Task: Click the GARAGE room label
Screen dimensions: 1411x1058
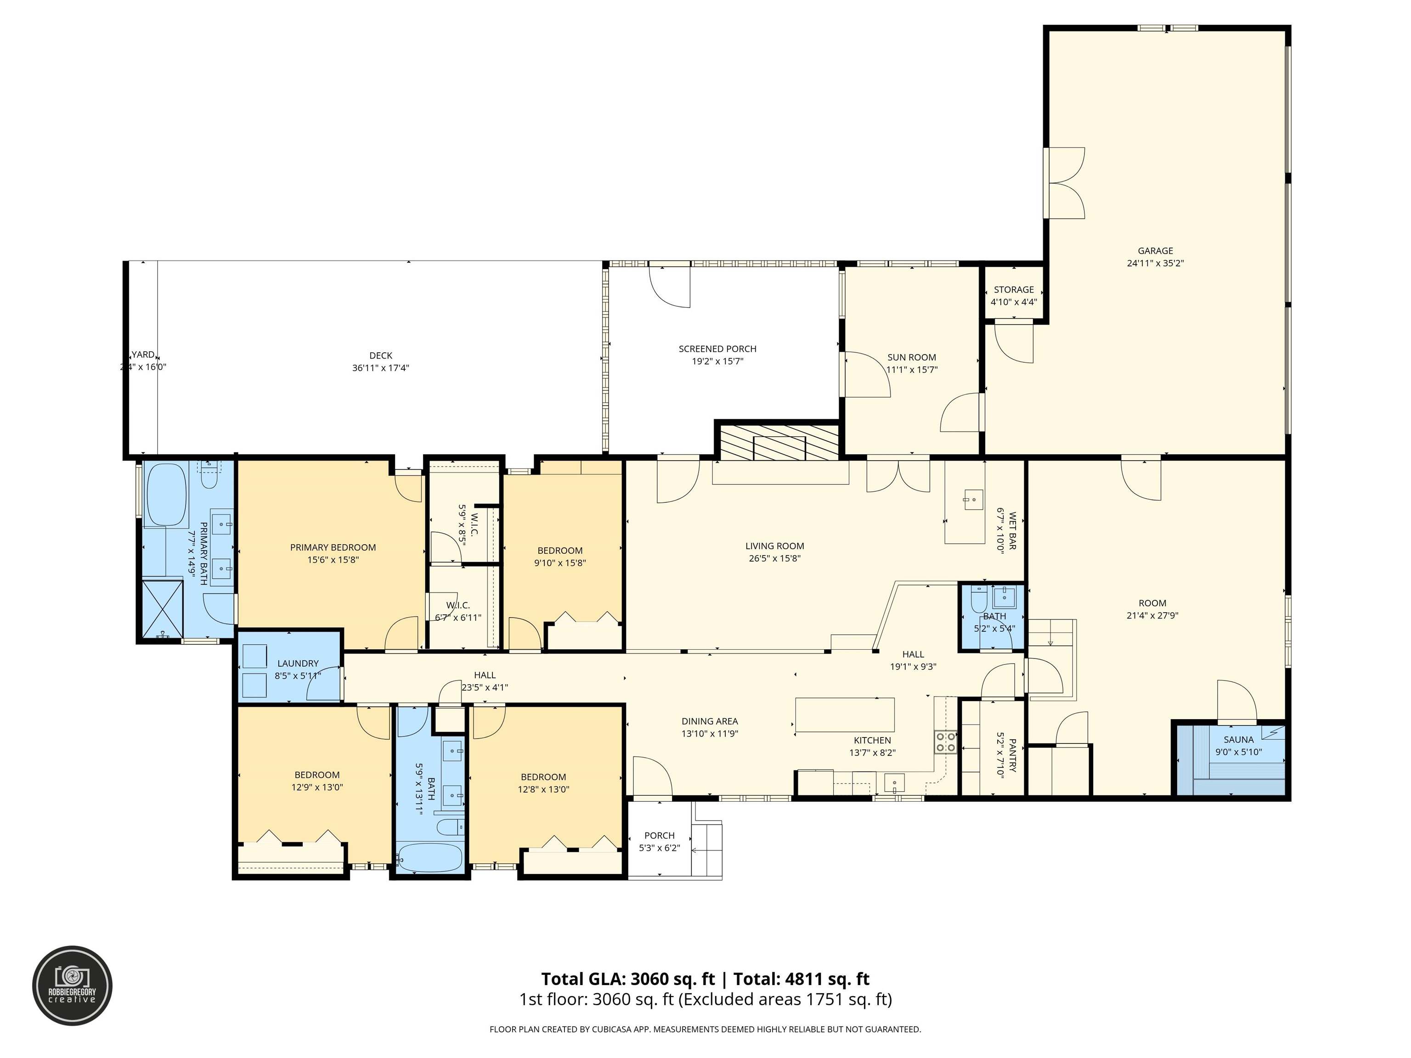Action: click(x=1155, y=251)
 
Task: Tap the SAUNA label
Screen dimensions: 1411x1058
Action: click(x=1238, y=740)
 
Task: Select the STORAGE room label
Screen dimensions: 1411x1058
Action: click(x=1014, y=290)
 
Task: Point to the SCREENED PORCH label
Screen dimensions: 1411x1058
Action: click(x=717, y=349)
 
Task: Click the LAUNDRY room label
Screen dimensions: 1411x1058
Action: click(x=298, y=663)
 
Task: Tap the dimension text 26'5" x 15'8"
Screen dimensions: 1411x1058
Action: click(x=774, y=558)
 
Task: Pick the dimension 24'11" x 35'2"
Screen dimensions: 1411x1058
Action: click(x=1155, y=263)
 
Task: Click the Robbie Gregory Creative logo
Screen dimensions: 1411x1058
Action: click(x=72, y=985)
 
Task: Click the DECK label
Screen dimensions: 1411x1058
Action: click(x=381, y=355)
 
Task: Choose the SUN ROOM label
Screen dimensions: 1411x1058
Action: click(x=912, y=357)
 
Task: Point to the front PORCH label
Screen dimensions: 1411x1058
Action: click(x=659, y=835)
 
